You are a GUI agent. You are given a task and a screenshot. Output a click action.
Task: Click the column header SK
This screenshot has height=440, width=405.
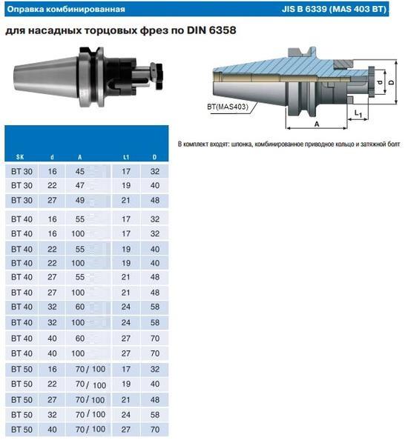[20, 157]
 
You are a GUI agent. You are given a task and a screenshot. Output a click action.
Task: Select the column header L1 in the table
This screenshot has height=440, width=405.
[126, 157]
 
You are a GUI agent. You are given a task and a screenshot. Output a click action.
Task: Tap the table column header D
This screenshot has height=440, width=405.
[154, 157]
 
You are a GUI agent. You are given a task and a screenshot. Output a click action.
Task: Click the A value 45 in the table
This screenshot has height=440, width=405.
[80, 171]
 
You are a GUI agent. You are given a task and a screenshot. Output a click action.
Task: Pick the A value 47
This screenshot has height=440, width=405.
[80, 185]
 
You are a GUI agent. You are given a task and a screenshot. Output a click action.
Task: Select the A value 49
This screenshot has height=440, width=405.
[80, 200]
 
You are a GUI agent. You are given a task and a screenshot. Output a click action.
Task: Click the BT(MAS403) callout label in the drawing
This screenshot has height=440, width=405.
[228, 107]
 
